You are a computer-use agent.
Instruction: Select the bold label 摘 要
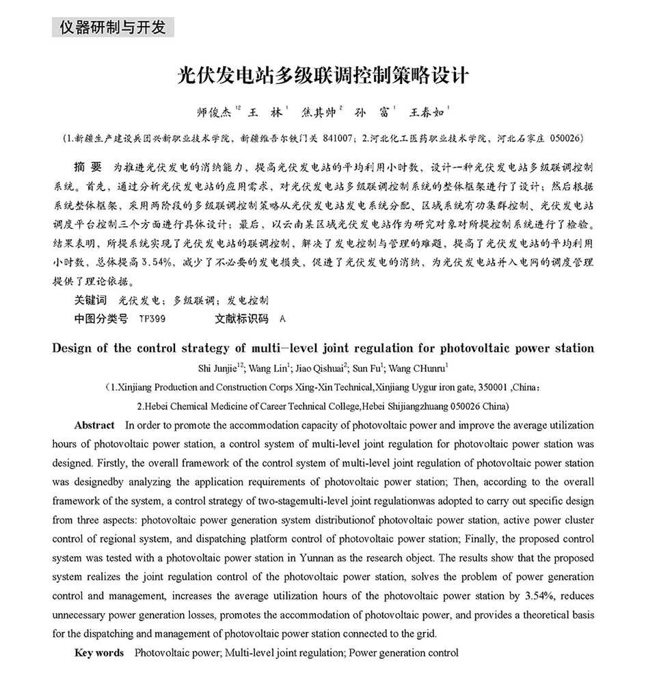click(x=87, y=167)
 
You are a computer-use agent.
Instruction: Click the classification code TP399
click(x=151, y=318)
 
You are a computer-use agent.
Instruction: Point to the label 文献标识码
click(x=241, y=318)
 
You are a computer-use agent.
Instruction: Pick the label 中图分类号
click(x=100, y=318)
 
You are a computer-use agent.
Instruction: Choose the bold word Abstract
click(x=94, y=424)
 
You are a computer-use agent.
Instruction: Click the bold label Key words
click(x=99, y=653)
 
